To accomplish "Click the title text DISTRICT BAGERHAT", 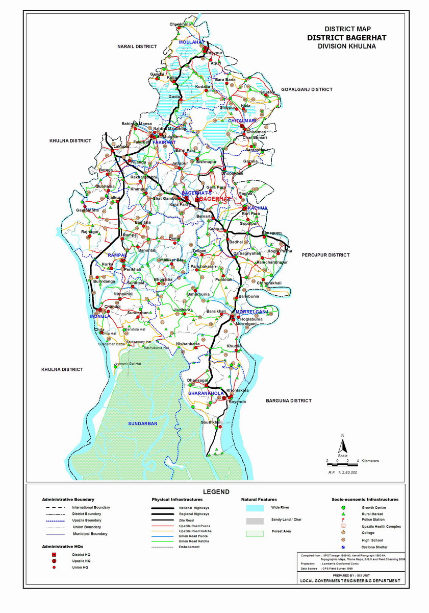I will point(346,38).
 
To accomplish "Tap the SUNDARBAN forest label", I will point(142,423).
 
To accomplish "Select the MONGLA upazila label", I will point(100,316).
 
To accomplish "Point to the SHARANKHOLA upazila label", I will point(206,394).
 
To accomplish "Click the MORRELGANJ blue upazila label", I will point(251,312).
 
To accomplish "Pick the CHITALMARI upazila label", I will point(242,120).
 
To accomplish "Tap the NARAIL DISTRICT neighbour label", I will point(137,46).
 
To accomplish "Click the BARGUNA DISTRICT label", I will point(288,401).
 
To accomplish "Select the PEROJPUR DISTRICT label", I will point(325,254).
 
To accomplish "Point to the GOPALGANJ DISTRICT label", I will point(307,89).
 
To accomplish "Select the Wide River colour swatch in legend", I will point(255,508).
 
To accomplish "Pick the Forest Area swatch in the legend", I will point(255,533).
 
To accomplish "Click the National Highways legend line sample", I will point(164,508).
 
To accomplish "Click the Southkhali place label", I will point(211,422).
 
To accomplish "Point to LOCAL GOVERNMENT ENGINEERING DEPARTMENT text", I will point(350,581).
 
